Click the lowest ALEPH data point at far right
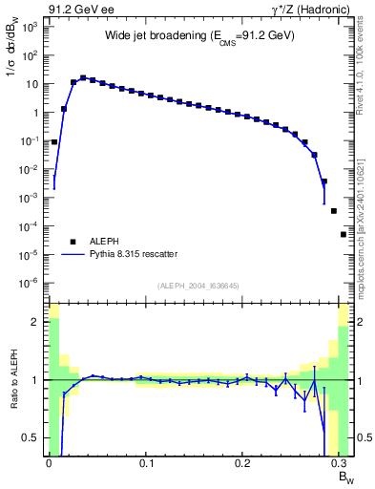pos(344,234)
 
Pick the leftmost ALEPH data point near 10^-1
pos(54,141)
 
